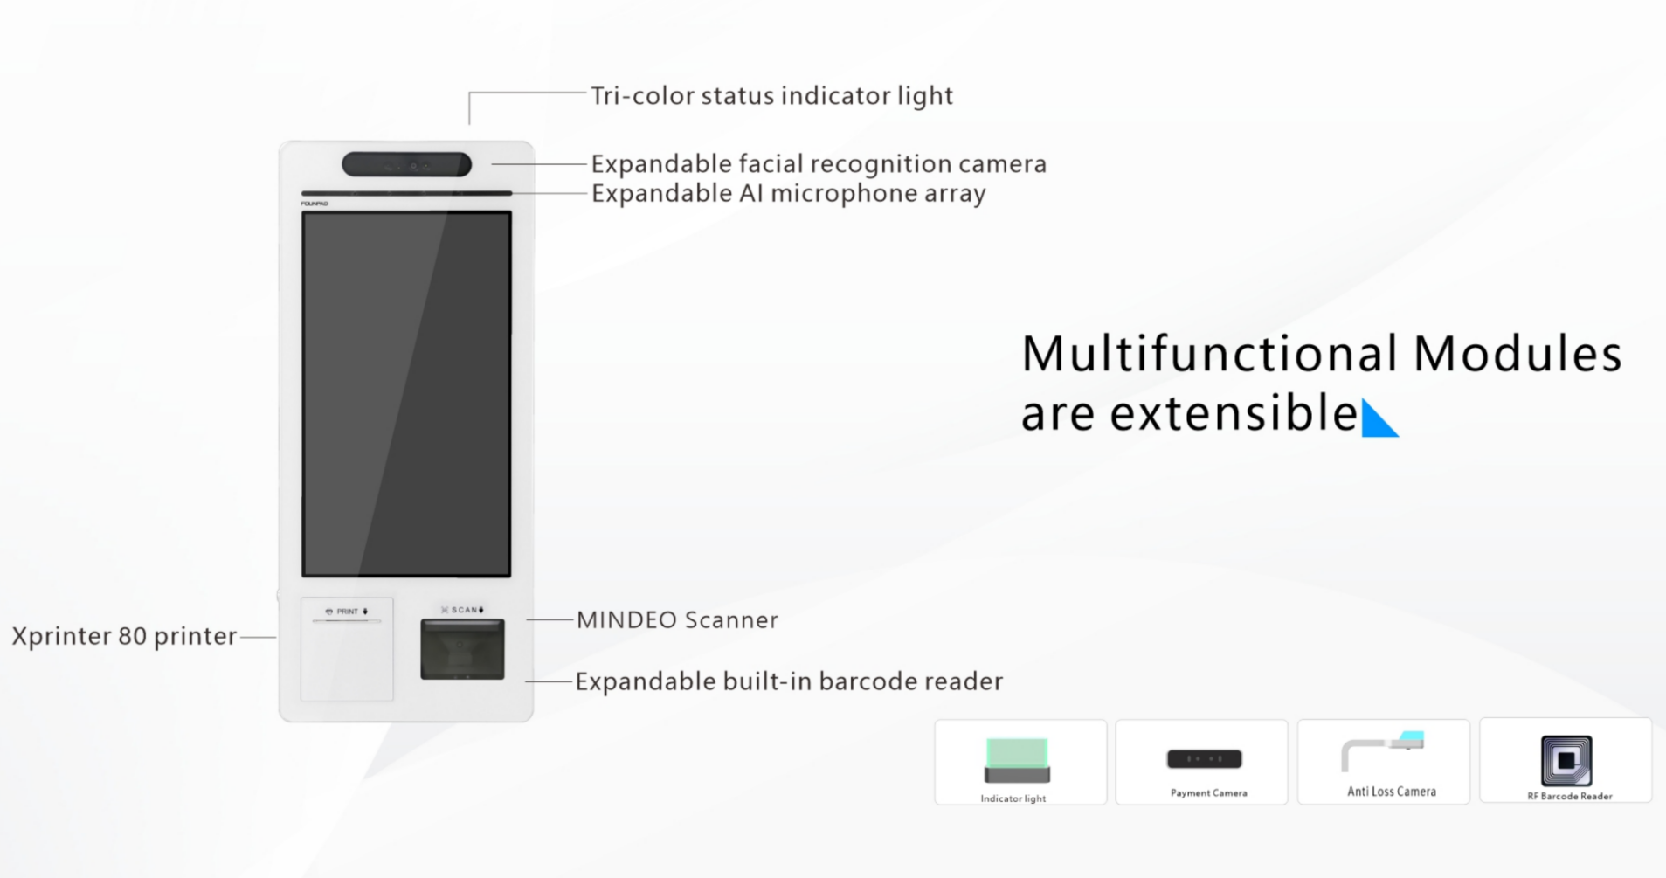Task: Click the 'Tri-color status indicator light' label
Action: pyautogui.click(x=771, y=96)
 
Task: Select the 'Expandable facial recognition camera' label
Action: pyautogui.click(x=819, y=164)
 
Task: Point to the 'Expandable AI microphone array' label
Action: pyautogui.click(x=788, y=193)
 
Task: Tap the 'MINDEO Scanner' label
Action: pyautogui.click(x=677, y=620)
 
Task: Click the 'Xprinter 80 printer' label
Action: pyautogui.click(x=124, y=636)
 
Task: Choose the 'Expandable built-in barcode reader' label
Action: pyautogui.click(x=789, y=681)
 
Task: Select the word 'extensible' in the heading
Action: pyautogui.click(x=1234, y=413)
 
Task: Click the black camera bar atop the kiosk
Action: pyautogui.click(x=407, y=164)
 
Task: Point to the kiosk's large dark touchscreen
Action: pyautogui.click(x=406, y=394)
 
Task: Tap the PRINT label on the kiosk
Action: pyautogui.click(x=347, y=612)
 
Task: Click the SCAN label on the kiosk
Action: pyautogui.click(x=463, y=610)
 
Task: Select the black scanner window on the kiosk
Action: pyautogui.click(x=462, y=649)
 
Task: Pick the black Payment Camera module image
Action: pyautogui.click(x=1205, y=759)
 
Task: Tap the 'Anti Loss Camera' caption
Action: pyautogui.click(x=1392, y=792)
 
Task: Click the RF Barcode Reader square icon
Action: pyautogui.click(x=1566, y=761)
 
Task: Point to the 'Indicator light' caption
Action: pyautogui.click(x=1013, y=798)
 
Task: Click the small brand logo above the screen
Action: pyautogui.click(x=315, y=204)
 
